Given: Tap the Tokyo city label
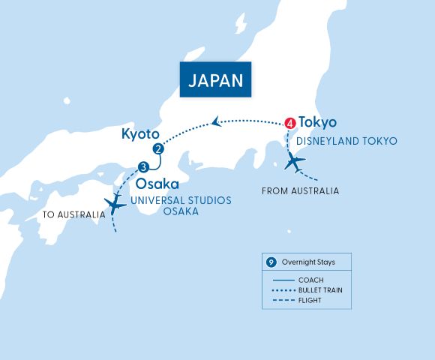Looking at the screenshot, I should pyautogui.click(x=317, y=121).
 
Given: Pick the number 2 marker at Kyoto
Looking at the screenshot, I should pyautogui.click(x=157, y=148).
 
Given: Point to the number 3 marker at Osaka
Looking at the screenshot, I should pyautogui.click(x=143, y=166).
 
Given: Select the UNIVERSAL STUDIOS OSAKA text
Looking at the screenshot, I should pyautogui.click(x=181, y=205).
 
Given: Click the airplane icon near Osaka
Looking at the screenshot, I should pyautogui.click(x=117, y=202).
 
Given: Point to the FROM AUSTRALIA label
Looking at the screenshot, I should pyautogui.click(x=300, y=191).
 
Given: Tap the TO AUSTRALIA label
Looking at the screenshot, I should pyautogui.click(x=73, y=215).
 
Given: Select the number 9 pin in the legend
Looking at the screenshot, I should pyautogui.click(x=271, y=262).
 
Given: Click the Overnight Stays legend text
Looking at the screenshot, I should pyautogui.click(x=308, y=262).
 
